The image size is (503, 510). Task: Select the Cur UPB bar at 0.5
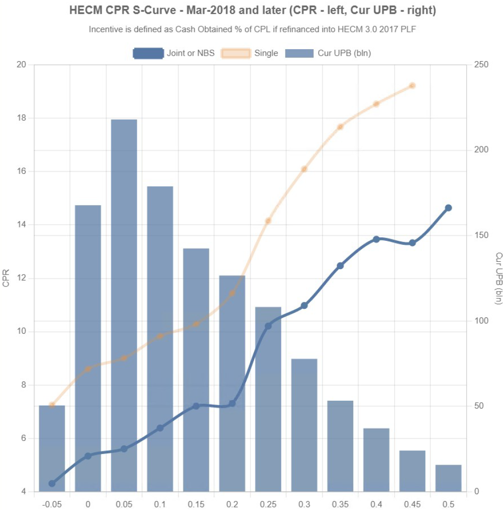tap(448, 478)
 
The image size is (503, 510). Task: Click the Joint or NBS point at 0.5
tap(448, 208)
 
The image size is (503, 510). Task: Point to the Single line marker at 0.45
tap(412, 85)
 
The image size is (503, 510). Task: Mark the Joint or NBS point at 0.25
tap(268, 326)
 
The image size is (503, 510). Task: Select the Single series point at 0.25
tap(268, 220)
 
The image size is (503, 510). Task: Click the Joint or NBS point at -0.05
tap(52, 483)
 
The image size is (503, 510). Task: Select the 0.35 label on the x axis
tap(340, 504)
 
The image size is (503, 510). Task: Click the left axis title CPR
tap(6, 278)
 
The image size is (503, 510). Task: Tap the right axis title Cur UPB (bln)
tap(499, 278)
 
